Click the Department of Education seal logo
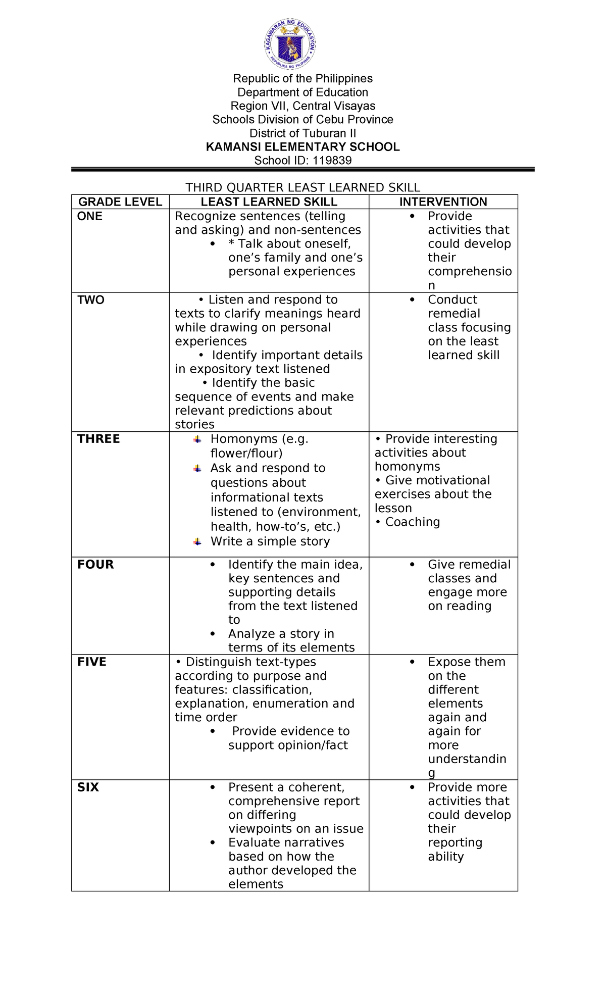tap(291, 44)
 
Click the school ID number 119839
tap(332, 161)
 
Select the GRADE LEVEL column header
tap(120, 202)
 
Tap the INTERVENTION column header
tap(443, 202)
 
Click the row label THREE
tap(98, 439)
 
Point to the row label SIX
tap(88, 787)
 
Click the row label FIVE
tap(91, 662)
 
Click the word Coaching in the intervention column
tap(413, 522)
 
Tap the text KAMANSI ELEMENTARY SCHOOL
tap(302, 147)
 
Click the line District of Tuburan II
tap(302, 133)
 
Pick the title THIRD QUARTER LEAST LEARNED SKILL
tap(302, 187)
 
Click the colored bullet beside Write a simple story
tap(197, 542)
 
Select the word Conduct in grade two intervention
tap(452, 300)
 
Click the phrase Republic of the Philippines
tap(302, 79)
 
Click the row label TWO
tap(91, 300)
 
